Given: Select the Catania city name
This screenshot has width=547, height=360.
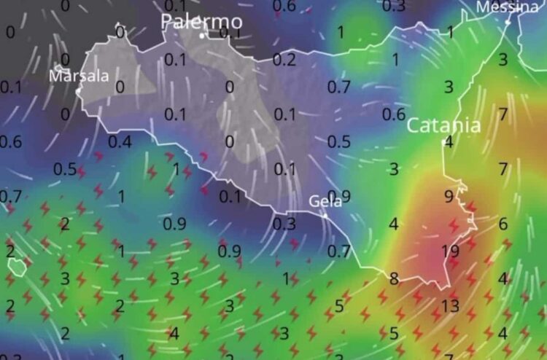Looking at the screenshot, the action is click(x=443, y=125).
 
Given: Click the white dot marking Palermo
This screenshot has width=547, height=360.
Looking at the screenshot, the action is click(x=202, y=34).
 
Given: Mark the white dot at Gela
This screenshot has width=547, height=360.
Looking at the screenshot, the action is click(x=325, y=215).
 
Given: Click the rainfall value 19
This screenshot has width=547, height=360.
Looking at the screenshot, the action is click(x=449, y=251).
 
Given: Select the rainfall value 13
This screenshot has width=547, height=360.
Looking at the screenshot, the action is click(x=449, y=306).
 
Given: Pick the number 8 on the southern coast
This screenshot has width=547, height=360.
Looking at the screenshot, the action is click(x=394, y=278).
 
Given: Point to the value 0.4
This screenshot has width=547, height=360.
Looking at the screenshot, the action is click(x=120, y=141).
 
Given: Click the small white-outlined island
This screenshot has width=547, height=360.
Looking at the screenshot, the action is click(x=16, y=267).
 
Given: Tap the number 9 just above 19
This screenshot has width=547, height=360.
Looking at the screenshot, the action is click(x=449, y=197).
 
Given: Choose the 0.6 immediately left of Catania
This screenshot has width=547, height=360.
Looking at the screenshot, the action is click(x=394, y=114).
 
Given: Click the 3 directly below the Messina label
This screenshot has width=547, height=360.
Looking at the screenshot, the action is click(x=503, y=60).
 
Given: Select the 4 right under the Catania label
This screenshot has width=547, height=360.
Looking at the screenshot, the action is click(x=449, y=142).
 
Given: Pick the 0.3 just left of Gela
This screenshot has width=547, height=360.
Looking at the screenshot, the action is click(x=284, y=224).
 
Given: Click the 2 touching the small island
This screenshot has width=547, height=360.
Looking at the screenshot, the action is click(x=10, y=251).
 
